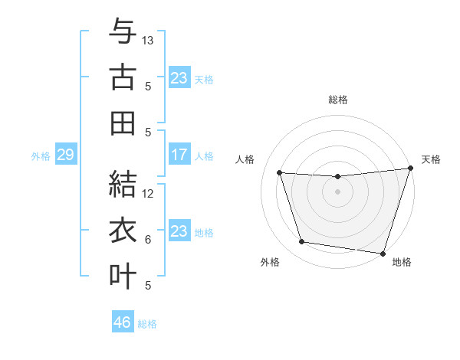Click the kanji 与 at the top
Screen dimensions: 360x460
(x=123, y=32)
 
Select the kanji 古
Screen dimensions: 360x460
(x=123, y=78)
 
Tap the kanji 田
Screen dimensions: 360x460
(x=123, y=123)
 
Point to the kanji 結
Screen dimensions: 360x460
(x=123, y=185)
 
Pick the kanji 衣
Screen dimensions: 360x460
(x=123, y=231)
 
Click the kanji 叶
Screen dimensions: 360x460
(x=123, y=276)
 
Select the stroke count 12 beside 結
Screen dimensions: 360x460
(x=149, y=194)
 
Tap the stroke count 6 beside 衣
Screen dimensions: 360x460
(x=148, y=240)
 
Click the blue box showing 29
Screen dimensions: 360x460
(x=65, y=155)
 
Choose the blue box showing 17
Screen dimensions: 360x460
(x=179, y=155)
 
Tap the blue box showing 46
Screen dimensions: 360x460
(x=123, y=322)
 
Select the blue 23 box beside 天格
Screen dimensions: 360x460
(x=179, y=78)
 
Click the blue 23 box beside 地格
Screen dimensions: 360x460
(x=179, y=231)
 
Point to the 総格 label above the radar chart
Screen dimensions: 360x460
(x=338, y=100)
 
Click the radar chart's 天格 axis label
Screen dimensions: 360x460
(x=431, y=160)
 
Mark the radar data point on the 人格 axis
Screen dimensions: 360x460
(x=280, y=173)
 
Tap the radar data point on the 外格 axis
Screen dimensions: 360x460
(x=301, y=242)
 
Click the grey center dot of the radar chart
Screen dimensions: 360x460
(x=337, y=191)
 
